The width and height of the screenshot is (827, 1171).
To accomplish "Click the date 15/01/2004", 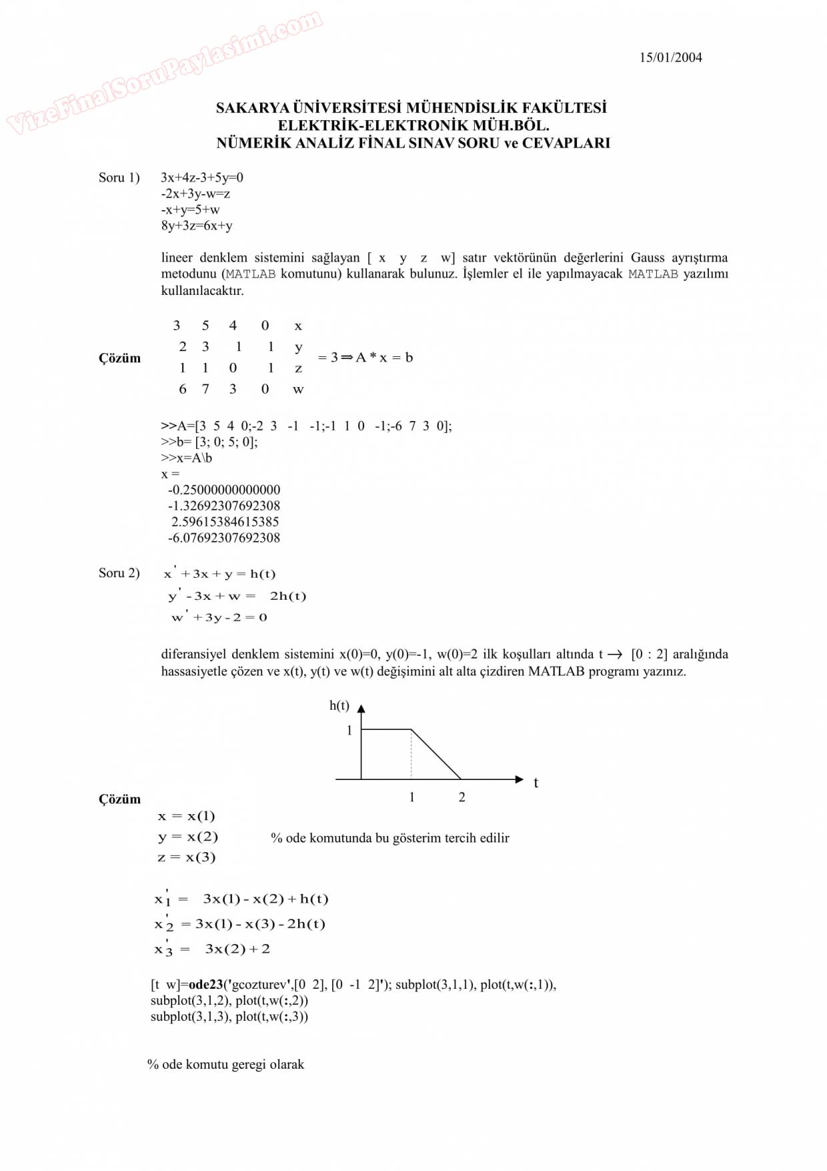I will pyautogui.click(x=670, y=57).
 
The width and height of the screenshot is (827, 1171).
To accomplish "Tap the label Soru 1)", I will pyautogui.click(x=119, y=177).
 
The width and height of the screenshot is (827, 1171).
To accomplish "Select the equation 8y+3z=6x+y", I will pyautogui.click(x=197, y=226).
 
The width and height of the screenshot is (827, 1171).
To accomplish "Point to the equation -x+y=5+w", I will pyautogui.click(x=190, y=210).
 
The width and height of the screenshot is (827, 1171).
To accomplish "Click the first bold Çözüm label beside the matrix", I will pyautogui.click(x=120, y=358).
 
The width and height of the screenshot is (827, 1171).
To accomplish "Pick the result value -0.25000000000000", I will pyautogui.click(x=224, y=490).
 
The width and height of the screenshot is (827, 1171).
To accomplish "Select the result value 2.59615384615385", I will pyautogui.click(x=225, y=522).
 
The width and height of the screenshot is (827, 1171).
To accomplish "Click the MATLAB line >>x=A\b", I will pyautogui.click(x=186, y=458).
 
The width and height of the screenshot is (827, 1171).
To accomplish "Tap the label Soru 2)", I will pyautogui.click(x=119, y=573).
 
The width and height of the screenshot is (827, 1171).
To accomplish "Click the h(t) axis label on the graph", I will pyautogui.click(x=339, y=706).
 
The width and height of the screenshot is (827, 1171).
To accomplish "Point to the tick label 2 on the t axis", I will pyautogui.click(x=462, y=797).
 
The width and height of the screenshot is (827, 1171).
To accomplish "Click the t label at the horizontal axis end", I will pyautogui.click(x=536, y=783).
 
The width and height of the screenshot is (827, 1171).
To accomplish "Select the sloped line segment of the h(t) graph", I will pyautogui.click(x=436, y=755).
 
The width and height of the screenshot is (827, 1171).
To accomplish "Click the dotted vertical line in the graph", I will pyautogui.click(x=411, y=755).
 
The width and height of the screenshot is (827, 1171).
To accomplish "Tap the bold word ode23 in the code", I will pyautogui.click(x=205, y=985).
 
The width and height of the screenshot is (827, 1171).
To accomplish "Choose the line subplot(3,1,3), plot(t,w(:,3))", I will pyautogui.click(x=229, y=1017).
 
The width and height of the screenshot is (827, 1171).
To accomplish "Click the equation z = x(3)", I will pyautogui.click(x=187, y=857).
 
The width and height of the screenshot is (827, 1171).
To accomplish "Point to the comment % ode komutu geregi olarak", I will pyautogui.click(x=225, y=1065).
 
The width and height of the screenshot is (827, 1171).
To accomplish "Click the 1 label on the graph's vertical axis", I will pyautogui.click(x=349, y=731).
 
